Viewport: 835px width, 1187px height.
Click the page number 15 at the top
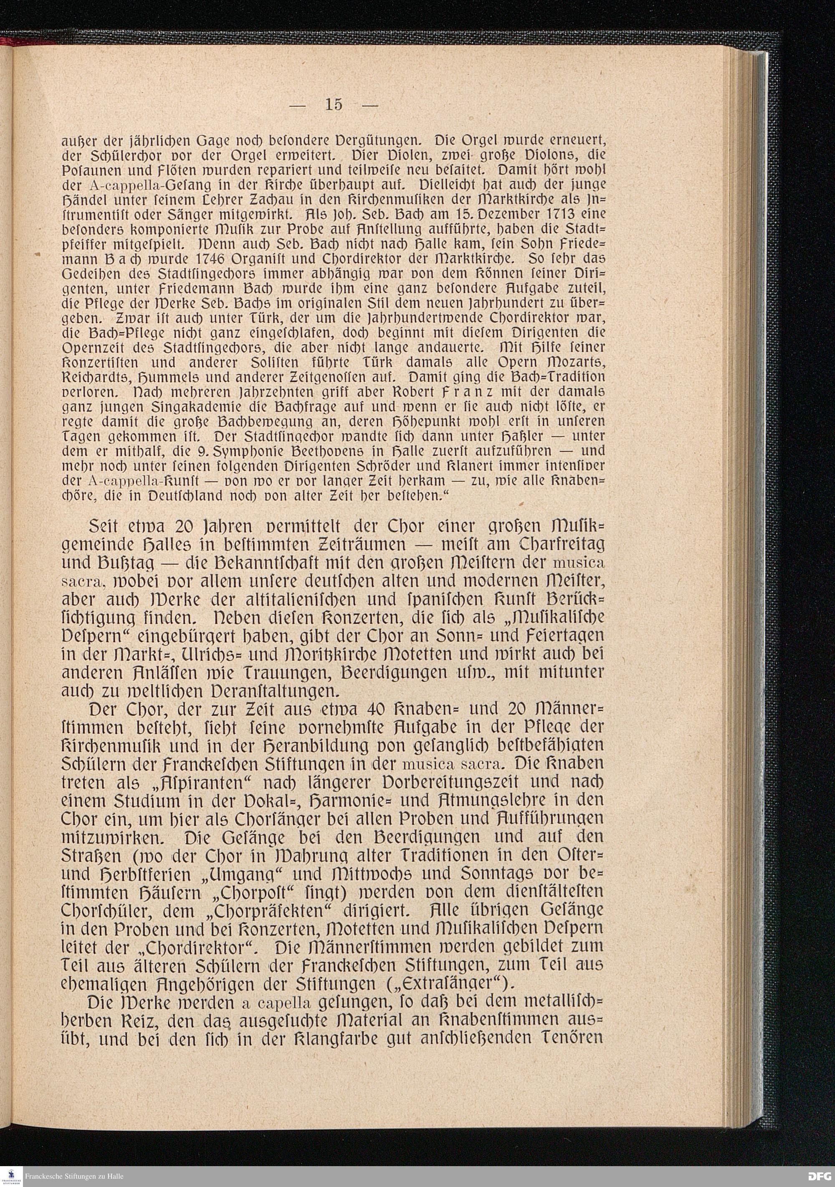pyautogui.click(x=334, y=104)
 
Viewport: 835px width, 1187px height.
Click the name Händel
pyautogui.click(x=81, y=200)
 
